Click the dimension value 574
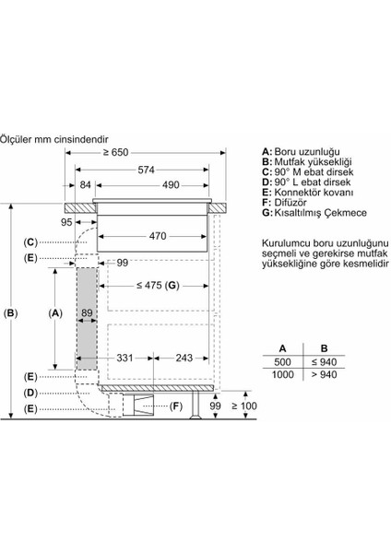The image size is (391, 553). pyautogui.click(x=146, y=170)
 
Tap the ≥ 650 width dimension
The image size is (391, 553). pyautogui.click(x=116, y=153)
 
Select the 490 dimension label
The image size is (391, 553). pyautogui.click(x=171, y=185)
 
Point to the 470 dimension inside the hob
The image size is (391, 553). pyautogui.click(x=158, y=236)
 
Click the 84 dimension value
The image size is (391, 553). pyautogui.click(x=86, y=185)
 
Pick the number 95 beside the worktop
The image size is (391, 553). pyautogui.click(x=66, y=222)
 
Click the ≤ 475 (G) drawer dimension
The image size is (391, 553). pyautogui.click(x=158, y=285)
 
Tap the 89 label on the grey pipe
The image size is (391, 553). pyautogui.click(x=87, y=312)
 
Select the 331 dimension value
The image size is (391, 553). pyautogui.click(x=124, y=358)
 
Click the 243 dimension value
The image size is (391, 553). pyautogui.click(x=184, y=358)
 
